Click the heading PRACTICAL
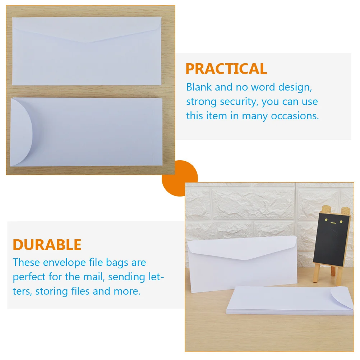(226, 69)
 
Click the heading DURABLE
(47, 245)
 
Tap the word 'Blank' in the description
(199, 87)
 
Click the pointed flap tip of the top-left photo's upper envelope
(86, 42)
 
